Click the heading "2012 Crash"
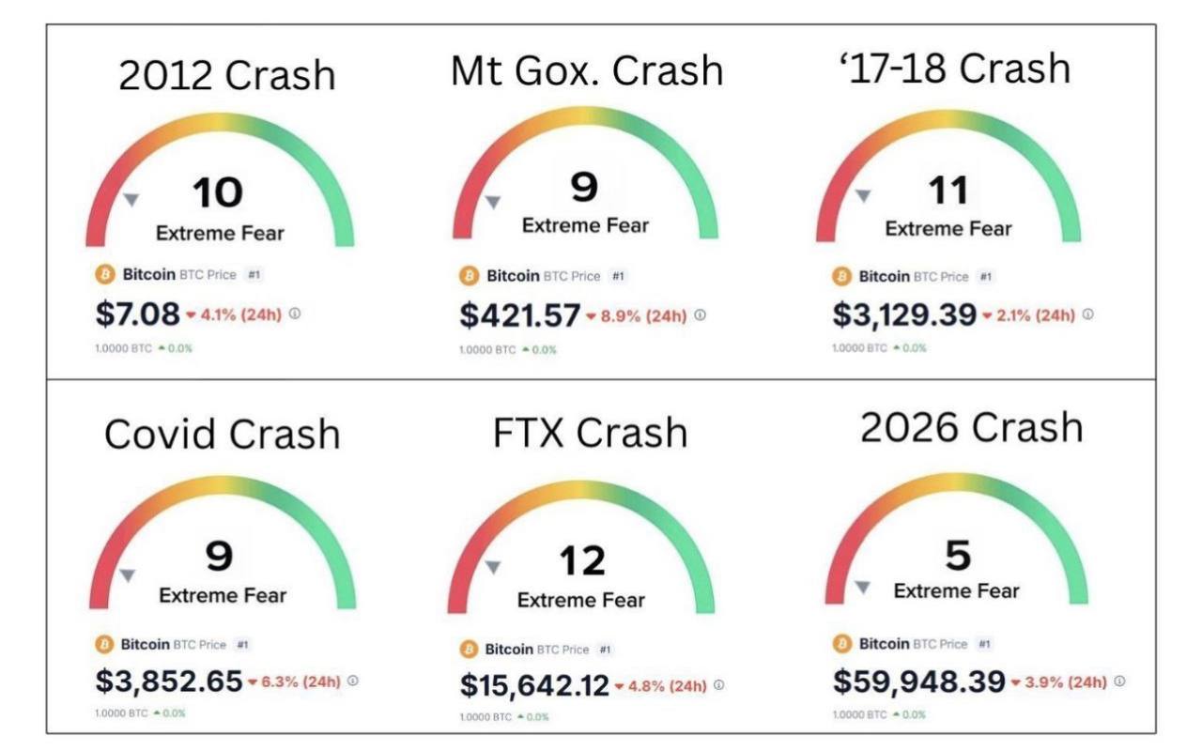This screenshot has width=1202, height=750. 226,74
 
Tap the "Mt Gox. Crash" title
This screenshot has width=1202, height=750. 587,70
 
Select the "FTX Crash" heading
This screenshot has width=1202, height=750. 590,432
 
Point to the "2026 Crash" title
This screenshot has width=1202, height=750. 971,427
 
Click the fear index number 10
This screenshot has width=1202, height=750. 218,193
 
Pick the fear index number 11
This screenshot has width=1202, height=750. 948,191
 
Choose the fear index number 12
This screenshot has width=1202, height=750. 583,562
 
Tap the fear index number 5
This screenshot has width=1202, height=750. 957,556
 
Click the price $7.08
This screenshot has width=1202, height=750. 137,314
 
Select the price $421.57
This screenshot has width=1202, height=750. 519,316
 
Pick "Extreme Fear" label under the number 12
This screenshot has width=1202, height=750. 581,600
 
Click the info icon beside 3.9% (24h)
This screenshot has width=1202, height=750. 1120,681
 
